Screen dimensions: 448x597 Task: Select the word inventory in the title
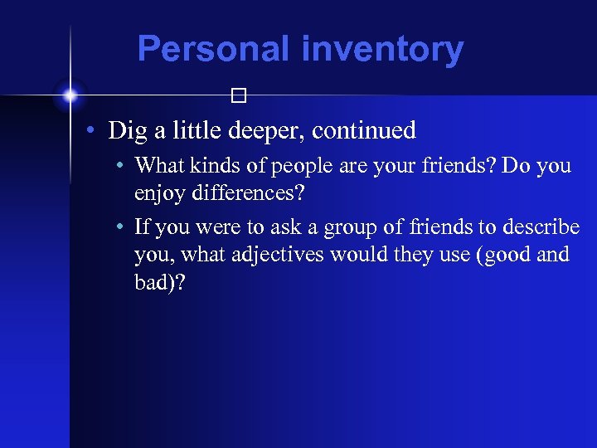[x=382, y=49]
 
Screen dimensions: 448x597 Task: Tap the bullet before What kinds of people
[x=121, y=166]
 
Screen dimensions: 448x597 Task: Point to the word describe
[x=543, y=227]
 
